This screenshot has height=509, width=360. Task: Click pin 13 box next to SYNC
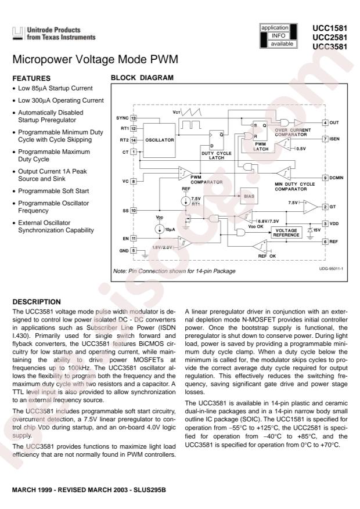(133, 118)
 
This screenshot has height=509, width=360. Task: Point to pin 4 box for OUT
(326, 123)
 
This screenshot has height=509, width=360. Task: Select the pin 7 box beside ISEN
(326, 139)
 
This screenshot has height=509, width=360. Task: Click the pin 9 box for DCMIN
(326, 177)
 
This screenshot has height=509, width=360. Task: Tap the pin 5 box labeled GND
(133, 251)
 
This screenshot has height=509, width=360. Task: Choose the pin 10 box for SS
(133, 210)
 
